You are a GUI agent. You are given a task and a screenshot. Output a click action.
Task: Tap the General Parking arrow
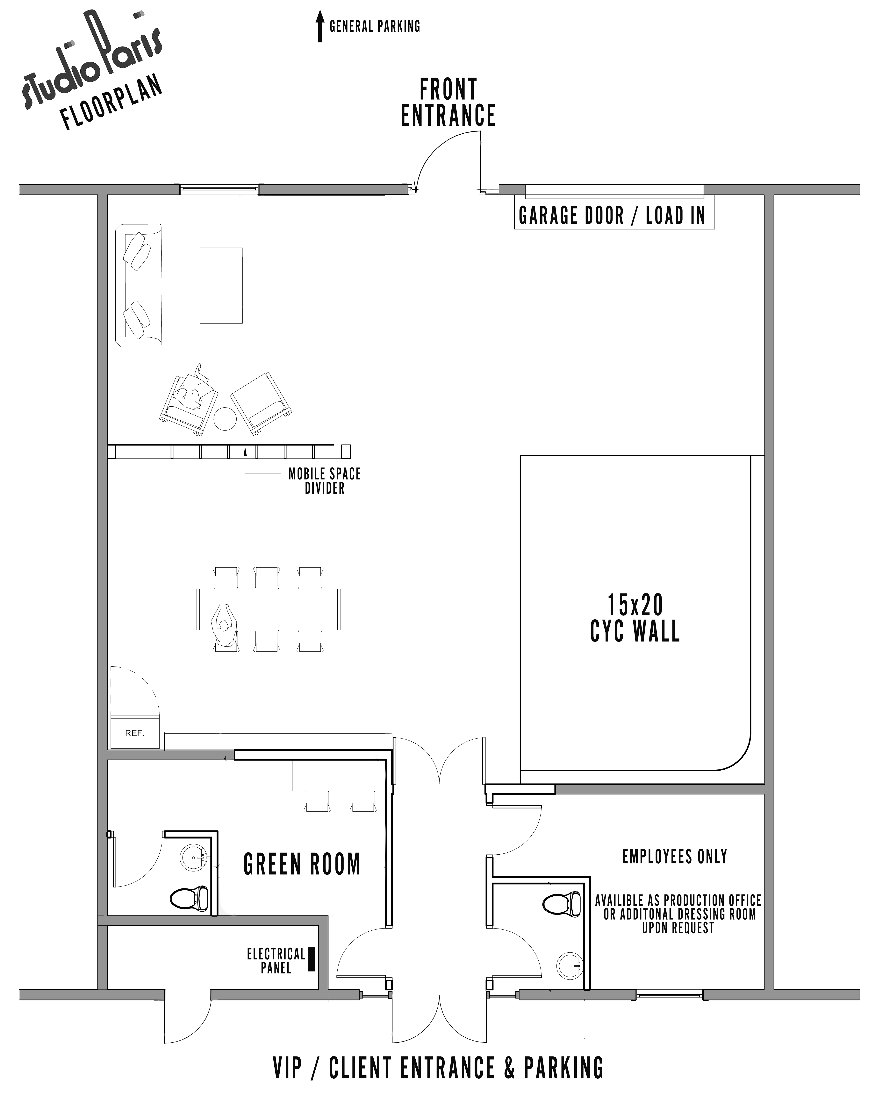pos(320,26)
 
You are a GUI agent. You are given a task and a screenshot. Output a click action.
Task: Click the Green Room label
pos(302,864)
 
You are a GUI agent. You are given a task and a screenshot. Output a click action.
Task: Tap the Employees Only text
pos(675,857)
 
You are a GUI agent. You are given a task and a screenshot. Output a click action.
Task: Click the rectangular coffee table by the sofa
pos(221,285)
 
